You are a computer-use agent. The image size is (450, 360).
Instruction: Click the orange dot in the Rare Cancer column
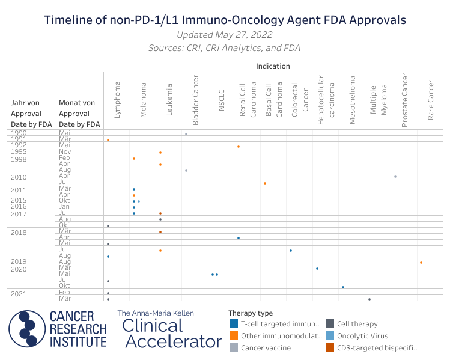click(x=421, y=263)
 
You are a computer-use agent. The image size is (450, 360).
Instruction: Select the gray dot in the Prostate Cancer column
click(x=395, y=177)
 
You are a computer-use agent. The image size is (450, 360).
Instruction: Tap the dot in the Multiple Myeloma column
click(x=369, y=299)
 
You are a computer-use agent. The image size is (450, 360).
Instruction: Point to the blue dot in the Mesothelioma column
click(x=343, y=287)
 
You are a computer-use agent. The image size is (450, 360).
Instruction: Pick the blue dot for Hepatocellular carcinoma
click(x=317, y=269)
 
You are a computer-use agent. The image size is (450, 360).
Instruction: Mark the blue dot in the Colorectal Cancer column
click(x=291, y=251)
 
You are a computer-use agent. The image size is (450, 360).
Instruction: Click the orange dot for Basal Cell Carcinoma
click(x=265, y=183)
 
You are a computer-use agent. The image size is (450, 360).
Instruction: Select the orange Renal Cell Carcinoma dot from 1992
click(x=239, y=147)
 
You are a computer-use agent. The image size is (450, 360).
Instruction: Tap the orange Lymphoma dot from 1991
click(x=108, y=140)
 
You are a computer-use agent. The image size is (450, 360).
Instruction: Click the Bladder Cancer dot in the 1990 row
click(x=186, y=134)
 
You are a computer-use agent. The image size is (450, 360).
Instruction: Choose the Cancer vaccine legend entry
click(x=266, y=347)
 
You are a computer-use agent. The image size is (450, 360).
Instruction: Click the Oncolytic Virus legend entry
click(x=362, y=336)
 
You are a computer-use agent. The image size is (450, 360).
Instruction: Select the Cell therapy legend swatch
click(x=330, y=324)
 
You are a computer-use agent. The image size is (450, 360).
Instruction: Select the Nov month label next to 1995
click(x=65, y=153)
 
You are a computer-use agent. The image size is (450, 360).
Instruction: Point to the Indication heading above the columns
click(x=273, y=66)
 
